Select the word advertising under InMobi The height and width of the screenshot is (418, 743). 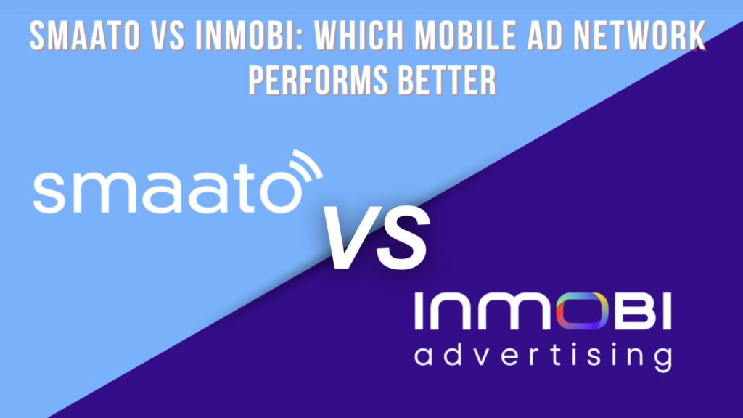537,356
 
